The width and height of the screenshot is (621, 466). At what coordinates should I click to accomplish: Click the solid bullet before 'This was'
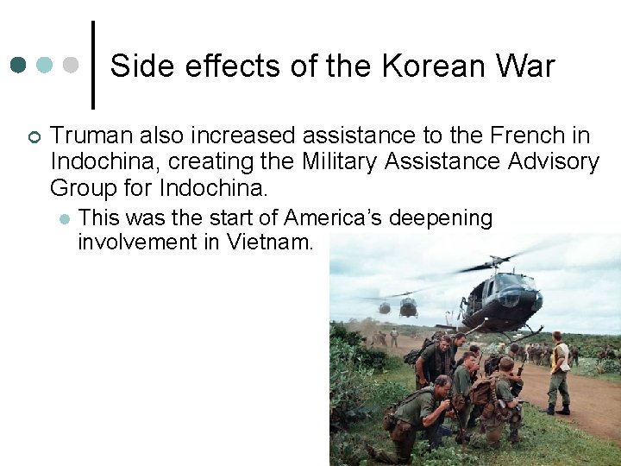tap(63, 218)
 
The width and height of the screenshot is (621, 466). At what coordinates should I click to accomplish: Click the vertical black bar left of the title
tap(92, 66)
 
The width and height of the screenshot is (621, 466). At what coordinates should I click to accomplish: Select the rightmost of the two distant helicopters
tap(408, 306)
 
